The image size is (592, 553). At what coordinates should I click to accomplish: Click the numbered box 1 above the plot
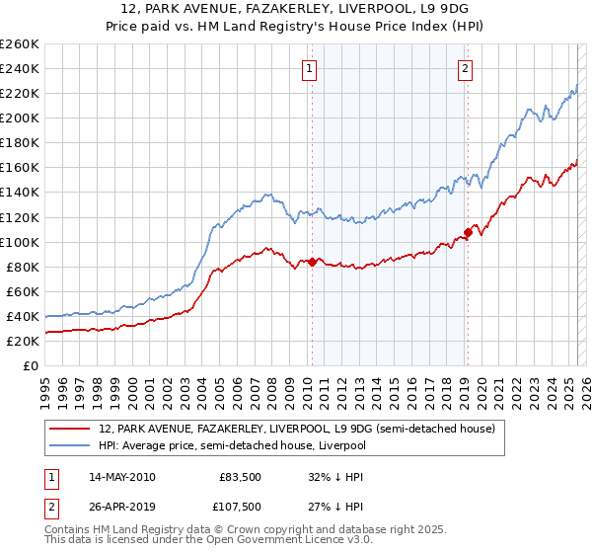(310, 68)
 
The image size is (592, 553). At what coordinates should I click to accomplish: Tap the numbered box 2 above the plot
(465, 68)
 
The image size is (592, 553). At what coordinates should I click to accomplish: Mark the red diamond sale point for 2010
(313, 262)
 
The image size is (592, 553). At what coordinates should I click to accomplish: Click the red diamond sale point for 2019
(468, 233)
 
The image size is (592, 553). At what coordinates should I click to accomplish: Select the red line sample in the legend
(72, 429)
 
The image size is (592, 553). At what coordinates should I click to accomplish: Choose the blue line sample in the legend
(72, 444)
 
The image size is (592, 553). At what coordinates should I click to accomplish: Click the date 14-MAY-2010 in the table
(121, 478)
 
